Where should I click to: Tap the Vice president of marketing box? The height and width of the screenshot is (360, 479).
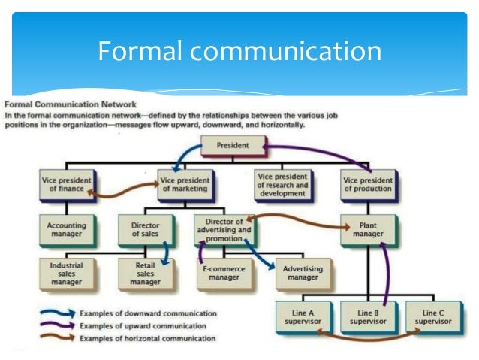click(x=184, y=184)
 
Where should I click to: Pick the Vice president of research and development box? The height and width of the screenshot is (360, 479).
click(x=281, y=184)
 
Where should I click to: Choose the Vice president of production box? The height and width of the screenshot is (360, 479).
click(x=367, y=184)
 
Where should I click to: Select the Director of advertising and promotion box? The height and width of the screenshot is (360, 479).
click(x=223, y=229)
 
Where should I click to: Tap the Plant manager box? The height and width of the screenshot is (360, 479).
click(x=367, y=229)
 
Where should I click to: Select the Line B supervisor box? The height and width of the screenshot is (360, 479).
click(x=367, y=316)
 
